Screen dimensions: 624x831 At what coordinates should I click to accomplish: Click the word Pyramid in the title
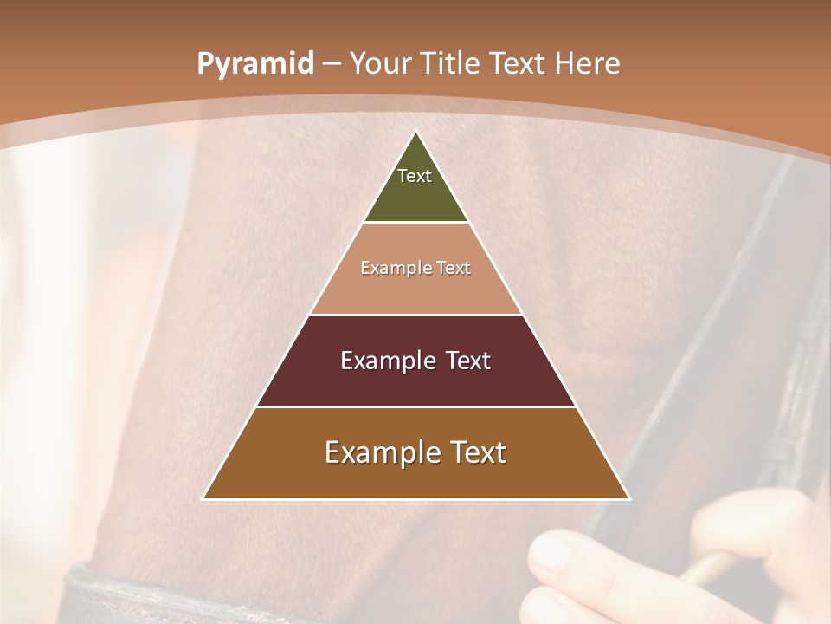pos(254,64)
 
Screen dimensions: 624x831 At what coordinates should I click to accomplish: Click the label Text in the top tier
pos(415,176)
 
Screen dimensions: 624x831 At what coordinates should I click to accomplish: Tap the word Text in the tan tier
pos(454,269)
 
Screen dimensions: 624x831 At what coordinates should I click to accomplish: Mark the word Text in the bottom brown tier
pos(478,452)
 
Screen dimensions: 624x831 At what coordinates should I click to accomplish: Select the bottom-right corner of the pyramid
pos(628,498)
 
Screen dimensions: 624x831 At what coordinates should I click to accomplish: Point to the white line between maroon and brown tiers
pos(415,406)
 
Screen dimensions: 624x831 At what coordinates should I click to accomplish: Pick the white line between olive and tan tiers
pos(415,223)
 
